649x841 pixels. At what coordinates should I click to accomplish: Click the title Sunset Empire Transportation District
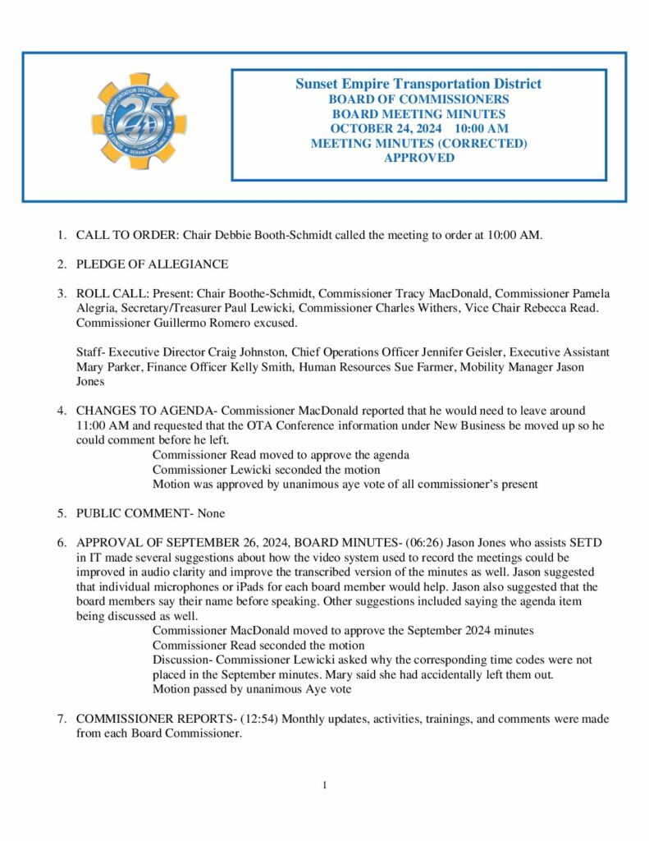[418, 84]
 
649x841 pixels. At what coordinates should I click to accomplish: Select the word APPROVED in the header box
[418, 158]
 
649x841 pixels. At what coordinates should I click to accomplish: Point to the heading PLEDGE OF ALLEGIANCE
[152, 264]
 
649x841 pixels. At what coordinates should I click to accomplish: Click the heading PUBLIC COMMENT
[130, 513]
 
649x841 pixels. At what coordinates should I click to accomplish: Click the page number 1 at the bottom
[324, 785]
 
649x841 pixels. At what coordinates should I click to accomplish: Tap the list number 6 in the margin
[61, 543]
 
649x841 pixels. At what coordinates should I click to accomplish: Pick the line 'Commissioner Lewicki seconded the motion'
[266, 469]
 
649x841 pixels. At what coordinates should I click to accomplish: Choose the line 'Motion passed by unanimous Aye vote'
[251, 689]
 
